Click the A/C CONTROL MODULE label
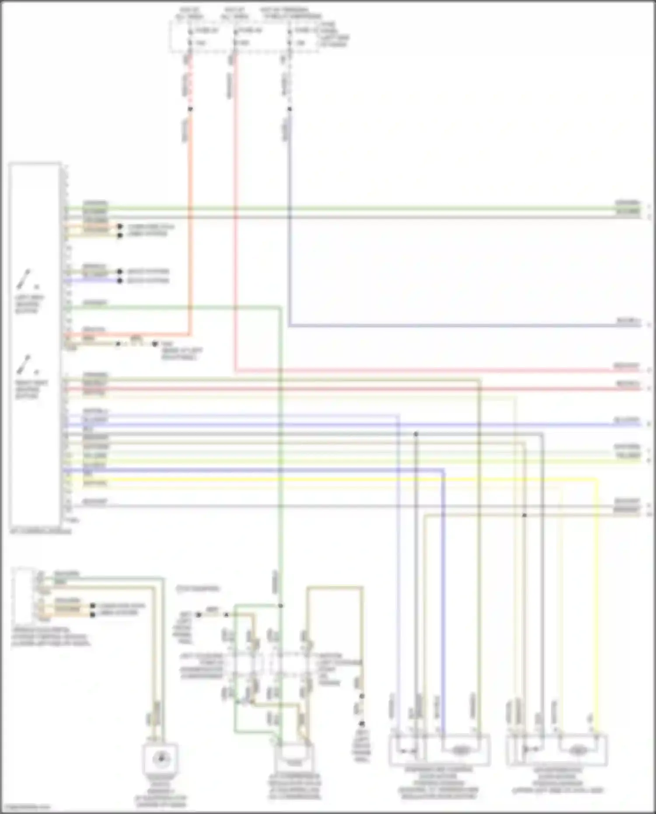(x=40, y=531)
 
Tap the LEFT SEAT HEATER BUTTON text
(x=29, y=304)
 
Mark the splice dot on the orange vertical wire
(x=190, y=109)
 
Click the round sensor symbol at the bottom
(x=161, y=758)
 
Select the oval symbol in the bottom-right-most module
(x=577, y=751)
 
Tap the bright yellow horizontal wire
(x=350, y=479)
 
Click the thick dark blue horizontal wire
(x=262, y=470)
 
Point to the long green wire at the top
(x=350, y=208)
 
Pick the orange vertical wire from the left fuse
(x=190, y=219)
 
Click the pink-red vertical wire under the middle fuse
(x=235, y=219)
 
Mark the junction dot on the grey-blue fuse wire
(x=289, y=109)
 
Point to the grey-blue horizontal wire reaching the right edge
(x=464, y=325)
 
